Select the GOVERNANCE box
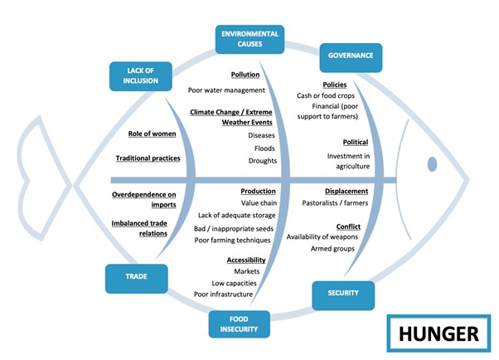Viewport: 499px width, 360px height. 351,56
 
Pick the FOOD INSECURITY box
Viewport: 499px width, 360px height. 239,324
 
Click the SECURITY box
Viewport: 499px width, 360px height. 342,294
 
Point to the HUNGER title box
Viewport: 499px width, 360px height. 438,333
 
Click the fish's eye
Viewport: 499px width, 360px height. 431,161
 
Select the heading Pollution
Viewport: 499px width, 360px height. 245,75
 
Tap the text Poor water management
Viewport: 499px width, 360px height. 226,90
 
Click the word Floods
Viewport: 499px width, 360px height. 264,148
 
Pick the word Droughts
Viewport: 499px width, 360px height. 262,160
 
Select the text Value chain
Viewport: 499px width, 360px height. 259,202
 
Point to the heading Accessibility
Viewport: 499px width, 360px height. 246,260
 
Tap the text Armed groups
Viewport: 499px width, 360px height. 332,249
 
